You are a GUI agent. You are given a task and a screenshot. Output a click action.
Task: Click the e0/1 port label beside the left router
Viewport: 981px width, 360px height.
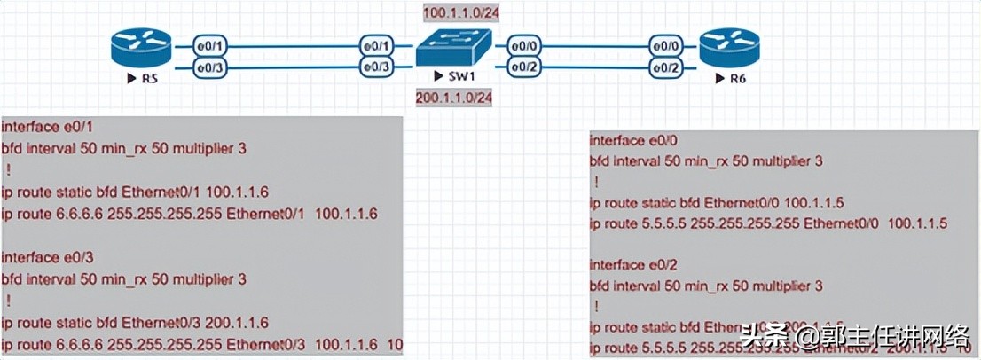[x=208, y=44]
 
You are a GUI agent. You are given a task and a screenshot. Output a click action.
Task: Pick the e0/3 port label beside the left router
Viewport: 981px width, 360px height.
[x=208, y=67]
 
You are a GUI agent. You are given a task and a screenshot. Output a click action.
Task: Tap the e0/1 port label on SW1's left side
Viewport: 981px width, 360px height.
[x=375, y=44]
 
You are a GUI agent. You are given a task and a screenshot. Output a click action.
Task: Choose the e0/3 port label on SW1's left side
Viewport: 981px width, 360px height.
[x=375, y=67]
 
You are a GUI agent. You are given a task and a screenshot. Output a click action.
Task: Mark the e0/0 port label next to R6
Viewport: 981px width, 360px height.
[x=665, y=44]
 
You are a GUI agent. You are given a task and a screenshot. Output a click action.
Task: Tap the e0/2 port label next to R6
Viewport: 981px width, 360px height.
[x=665, y=67]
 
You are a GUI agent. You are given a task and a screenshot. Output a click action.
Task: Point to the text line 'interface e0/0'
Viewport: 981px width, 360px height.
[x=630, y=140]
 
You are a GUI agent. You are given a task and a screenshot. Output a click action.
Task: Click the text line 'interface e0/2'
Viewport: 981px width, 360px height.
[x=630, y=265]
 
